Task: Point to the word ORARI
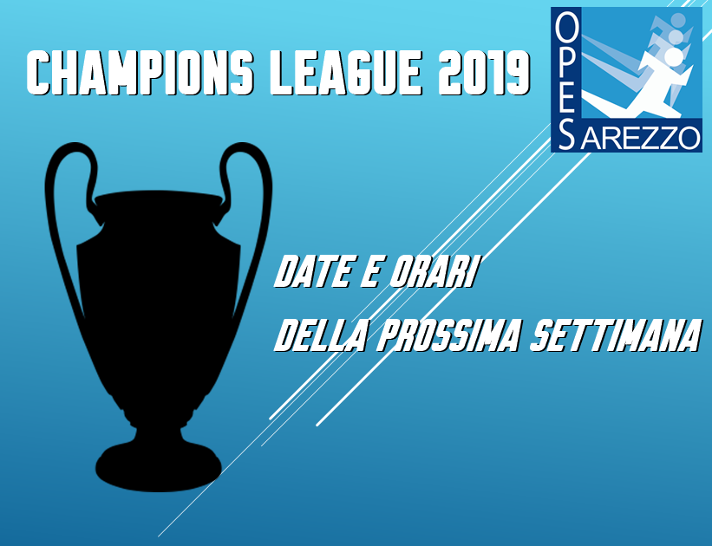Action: (432, 272)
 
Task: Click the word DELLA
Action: (320, 336)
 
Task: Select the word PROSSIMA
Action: (447, 336)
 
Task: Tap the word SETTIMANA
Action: (615, 336)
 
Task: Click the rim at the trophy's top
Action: (159, 198)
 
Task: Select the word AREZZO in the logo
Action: (639, 137)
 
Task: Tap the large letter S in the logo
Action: (565, 133)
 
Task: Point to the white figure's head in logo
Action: (674, 56)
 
